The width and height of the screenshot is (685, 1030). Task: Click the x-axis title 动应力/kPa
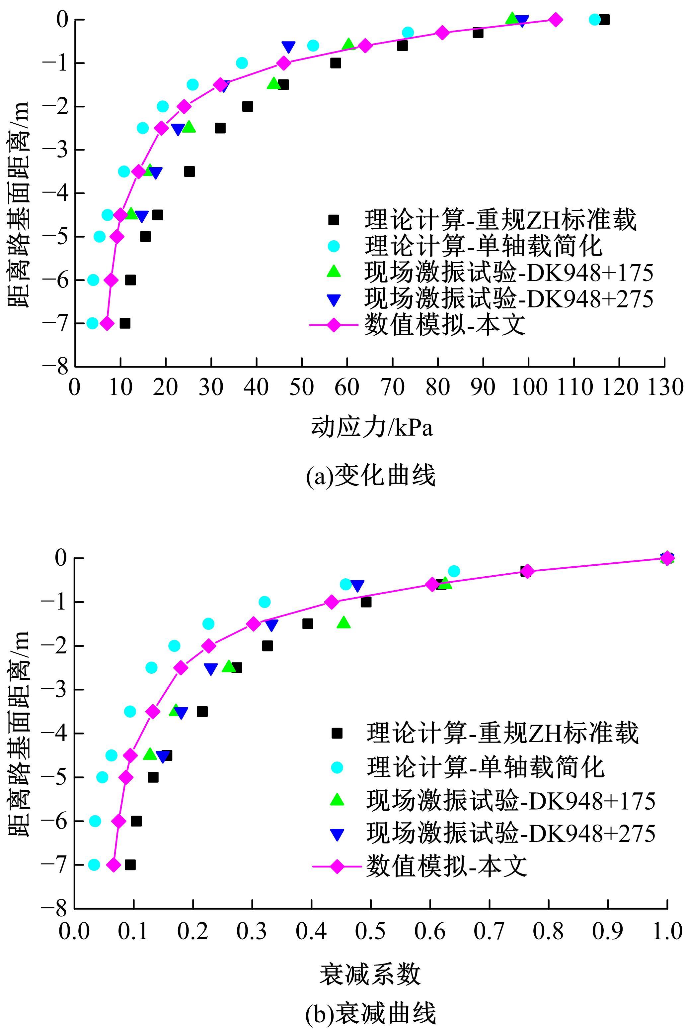[x=372, y=427]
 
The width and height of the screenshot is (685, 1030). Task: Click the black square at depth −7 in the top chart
[x=125, y=323]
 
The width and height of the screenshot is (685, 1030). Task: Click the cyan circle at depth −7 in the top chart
[x=93, y=323]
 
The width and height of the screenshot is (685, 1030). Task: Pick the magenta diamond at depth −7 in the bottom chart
[x=114, y=865]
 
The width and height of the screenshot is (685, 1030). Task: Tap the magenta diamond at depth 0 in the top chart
[x=555, y=20]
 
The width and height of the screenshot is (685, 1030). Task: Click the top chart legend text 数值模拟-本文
[x=444, y=325]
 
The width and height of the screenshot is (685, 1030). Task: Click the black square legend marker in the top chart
[x=334, y=220]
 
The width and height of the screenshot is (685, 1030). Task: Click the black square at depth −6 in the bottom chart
[x=136, y=821]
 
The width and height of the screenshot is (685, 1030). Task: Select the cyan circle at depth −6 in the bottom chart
[x=95, y=821]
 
